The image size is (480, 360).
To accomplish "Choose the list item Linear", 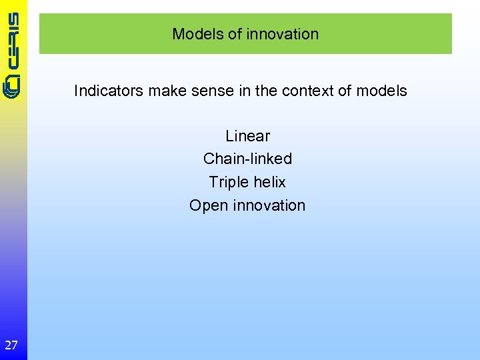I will [247, 136].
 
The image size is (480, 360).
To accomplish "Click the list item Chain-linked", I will [247, 159].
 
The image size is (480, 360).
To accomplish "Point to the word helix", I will [269, 182].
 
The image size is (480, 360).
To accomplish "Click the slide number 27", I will [11, 345].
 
